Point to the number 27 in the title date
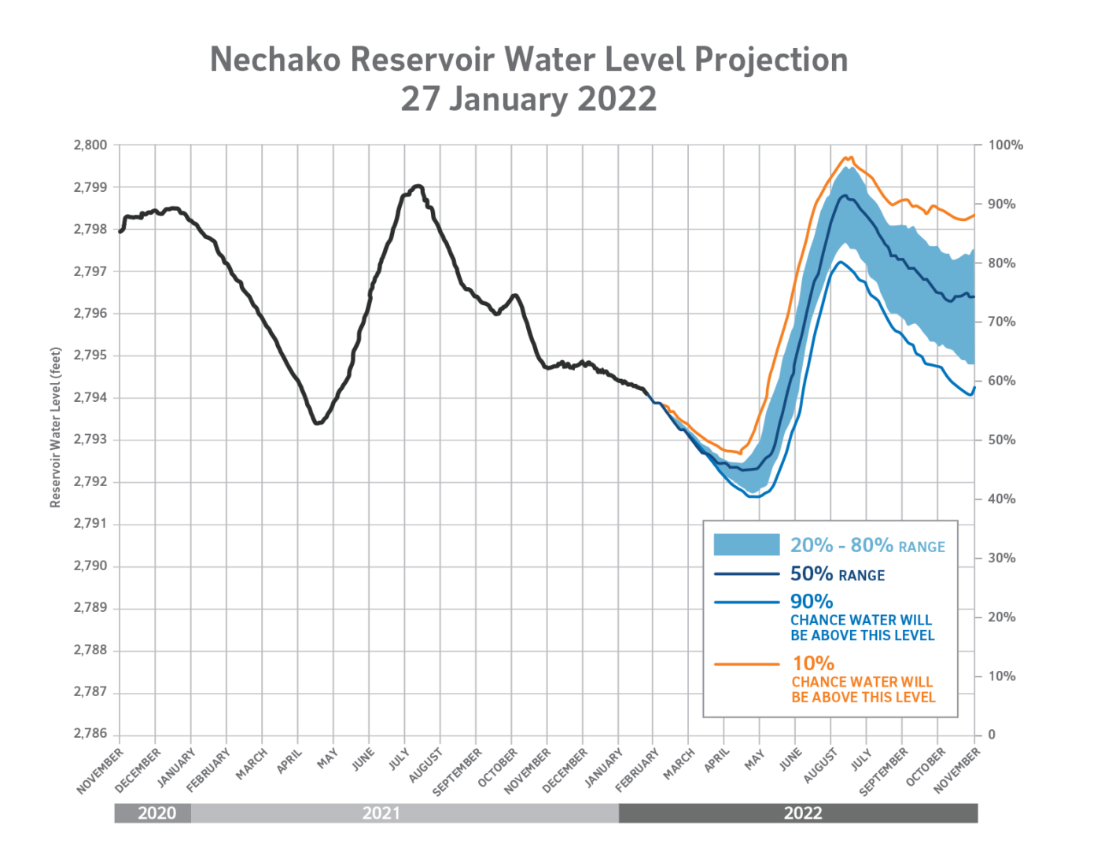coord(420,99)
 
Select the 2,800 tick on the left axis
coord(90,146)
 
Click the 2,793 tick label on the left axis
coord(90,440)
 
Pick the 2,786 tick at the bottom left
coord(90,734)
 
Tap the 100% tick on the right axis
coord(1005,146)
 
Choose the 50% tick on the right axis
coord(1002,440)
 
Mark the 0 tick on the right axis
coord(992,735)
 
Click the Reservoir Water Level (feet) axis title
coord(55,427)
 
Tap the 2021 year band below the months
coord(381,813)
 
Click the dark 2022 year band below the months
coord(802,813)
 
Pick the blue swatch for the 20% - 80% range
coord(746,545)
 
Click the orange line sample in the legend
coord(746,665)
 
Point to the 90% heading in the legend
coord(812,602)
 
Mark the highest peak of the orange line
coord(848,157)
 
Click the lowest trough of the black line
coord(317,423)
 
